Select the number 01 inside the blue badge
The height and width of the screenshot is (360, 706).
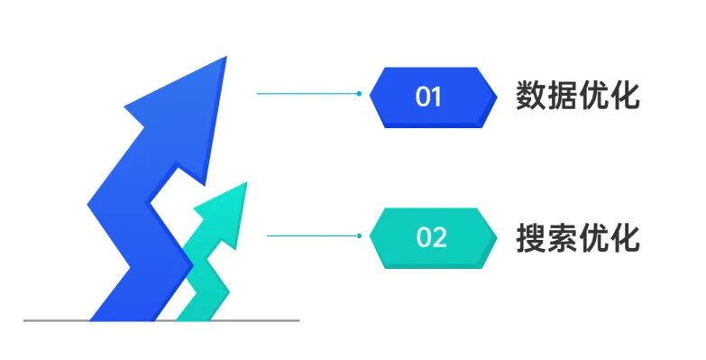pyautogui.click(x=429, y=97)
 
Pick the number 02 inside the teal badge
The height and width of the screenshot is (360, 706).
pyautogui.click(x=432, y=238)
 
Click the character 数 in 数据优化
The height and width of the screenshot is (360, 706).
pyautogui.click(x=531, y=96)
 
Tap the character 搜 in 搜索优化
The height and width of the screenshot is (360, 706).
pyautogui.click(x=531, y=237)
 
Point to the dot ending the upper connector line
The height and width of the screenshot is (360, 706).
pyautogui.click(x=359, y=93)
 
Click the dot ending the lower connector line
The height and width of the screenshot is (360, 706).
pyautogui.click(x=359, y=235)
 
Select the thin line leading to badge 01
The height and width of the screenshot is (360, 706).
pyautogui.click(x=307, y=93)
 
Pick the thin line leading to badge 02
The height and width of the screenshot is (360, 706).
pyautogui.click(x=311, y=235)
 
